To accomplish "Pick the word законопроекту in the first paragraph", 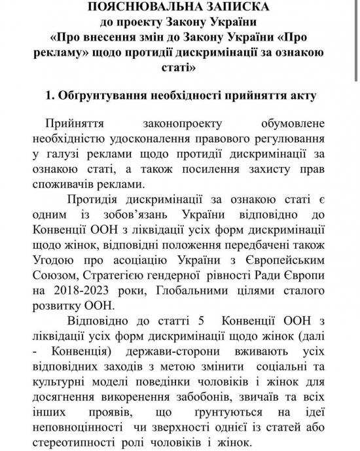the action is [181, 124].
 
